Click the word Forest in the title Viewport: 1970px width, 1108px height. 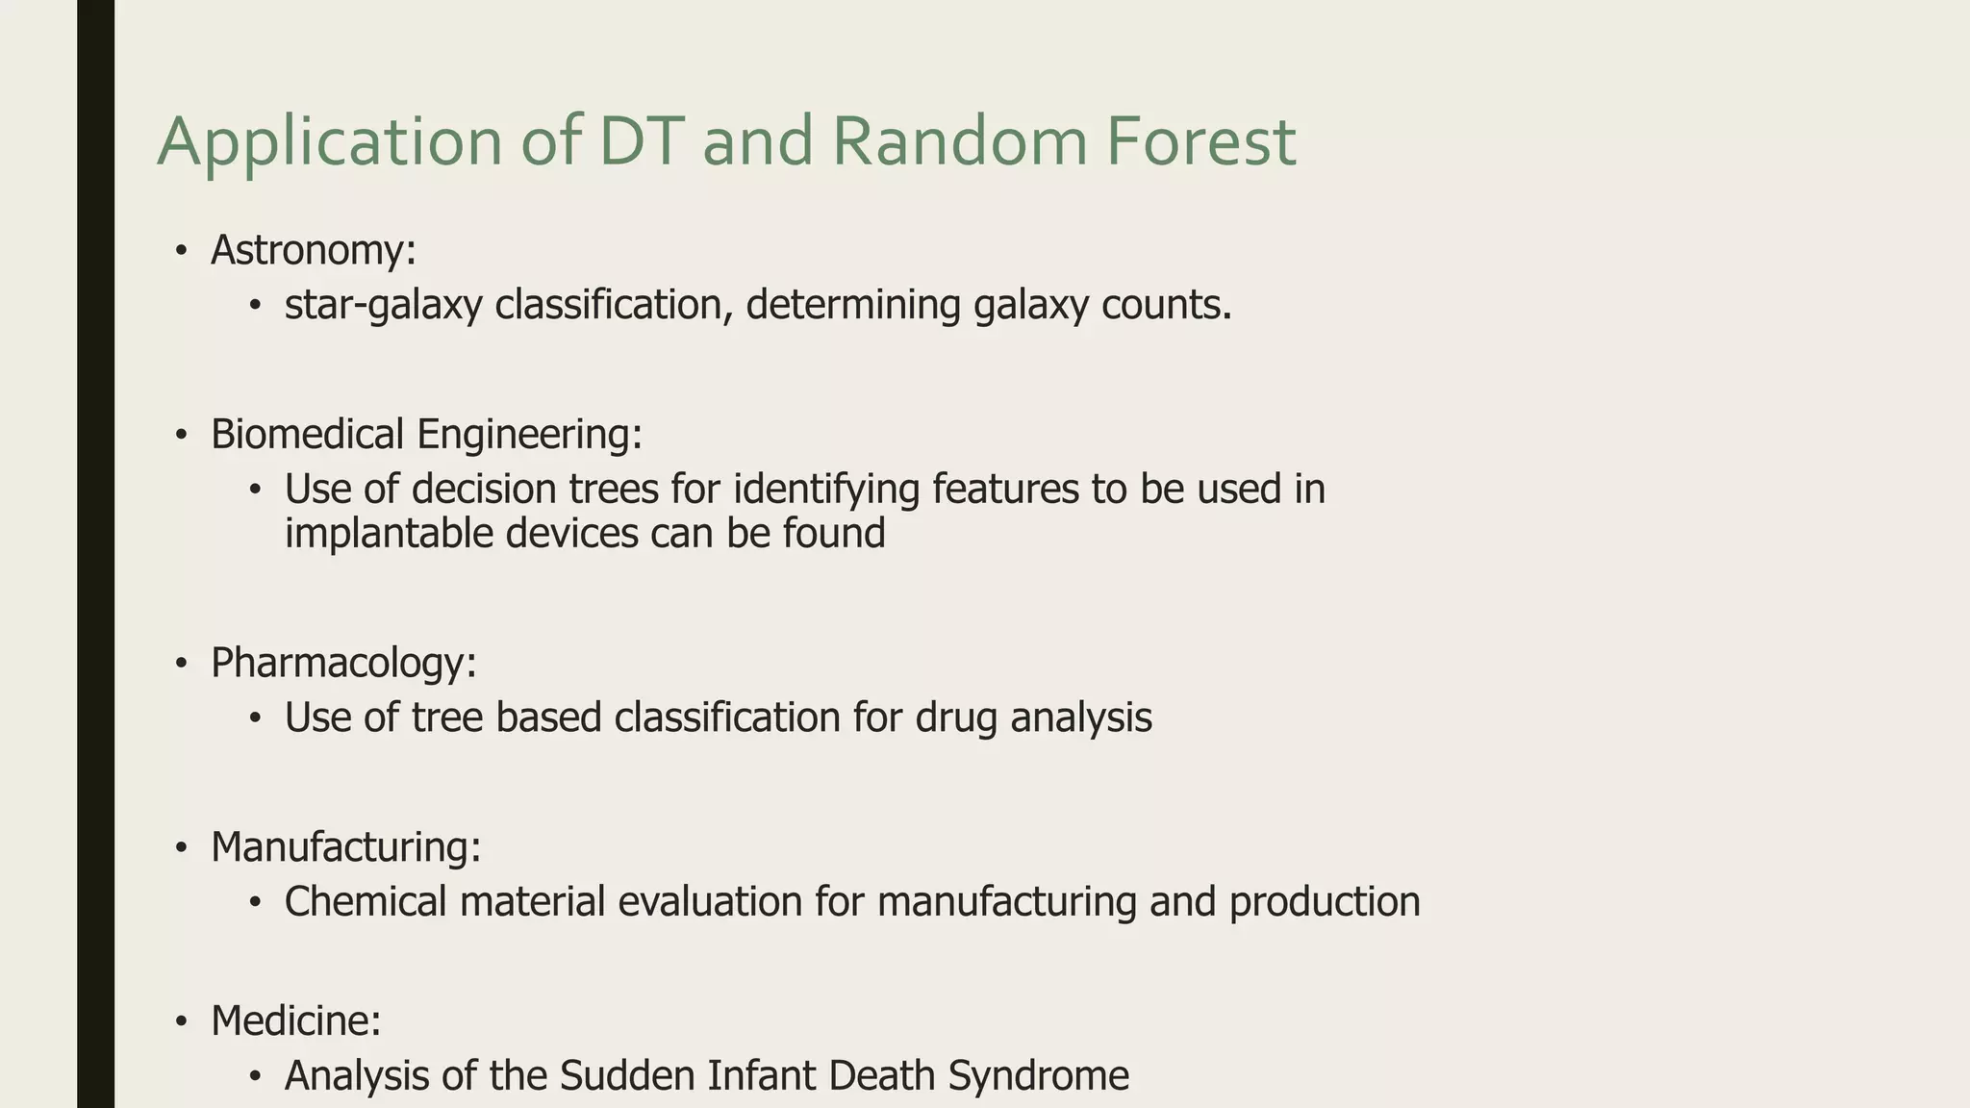(1200, 141)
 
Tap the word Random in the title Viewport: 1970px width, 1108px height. (958, 141)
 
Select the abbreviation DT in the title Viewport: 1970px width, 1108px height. (640, 141)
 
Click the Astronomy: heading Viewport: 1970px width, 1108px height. (314, 250)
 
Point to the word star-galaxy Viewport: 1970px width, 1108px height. (383, 306)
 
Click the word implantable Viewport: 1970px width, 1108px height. (389, 533)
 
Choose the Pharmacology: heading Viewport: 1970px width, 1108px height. (343, 663)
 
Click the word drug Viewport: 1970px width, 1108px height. (956, 718)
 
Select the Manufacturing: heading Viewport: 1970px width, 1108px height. (345, 847)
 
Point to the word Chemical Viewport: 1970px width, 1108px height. (366, 902)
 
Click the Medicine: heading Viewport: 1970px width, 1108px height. (296, 1020)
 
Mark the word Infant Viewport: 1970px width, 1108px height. (761, 1075)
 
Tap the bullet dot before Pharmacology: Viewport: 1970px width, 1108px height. (181, 664)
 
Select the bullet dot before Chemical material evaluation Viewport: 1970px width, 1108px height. (255, 902)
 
